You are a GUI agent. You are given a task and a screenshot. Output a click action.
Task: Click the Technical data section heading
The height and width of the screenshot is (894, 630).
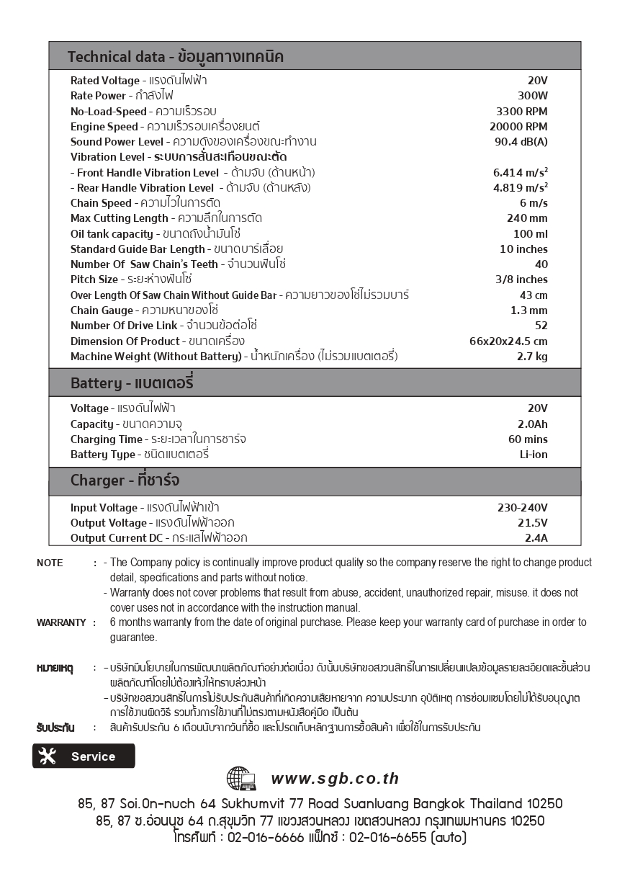(x=175, y=56)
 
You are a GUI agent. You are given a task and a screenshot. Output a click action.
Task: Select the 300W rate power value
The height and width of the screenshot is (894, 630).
(x=532, y=96)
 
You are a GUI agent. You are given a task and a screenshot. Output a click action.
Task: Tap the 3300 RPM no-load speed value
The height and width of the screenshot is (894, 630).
(x=521, y=111)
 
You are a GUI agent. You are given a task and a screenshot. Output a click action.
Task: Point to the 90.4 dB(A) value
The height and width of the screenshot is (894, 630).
(x=521, y=141)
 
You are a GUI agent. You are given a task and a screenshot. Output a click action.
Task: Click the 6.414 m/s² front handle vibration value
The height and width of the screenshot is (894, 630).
(x=516, y=172)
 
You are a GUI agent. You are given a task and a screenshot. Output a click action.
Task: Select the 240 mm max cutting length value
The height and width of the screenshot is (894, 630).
(x=527, y=218)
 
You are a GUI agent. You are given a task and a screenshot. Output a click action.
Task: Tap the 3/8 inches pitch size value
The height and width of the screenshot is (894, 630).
(x=521, y=280)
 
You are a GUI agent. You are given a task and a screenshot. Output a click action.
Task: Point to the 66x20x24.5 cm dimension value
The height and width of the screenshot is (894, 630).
(x=508, y=341)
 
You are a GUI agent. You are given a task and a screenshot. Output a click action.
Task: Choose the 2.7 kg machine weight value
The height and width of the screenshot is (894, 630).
(x=532, y=357)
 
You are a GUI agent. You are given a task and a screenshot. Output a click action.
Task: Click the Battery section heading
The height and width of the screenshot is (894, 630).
(x=132, y=382)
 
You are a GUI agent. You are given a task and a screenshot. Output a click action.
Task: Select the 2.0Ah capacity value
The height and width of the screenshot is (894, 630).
(x=532, y=424)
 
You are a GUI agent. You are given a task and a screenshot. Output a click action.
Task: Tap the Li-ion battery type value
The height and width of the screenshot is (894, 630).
(x=534, y=455)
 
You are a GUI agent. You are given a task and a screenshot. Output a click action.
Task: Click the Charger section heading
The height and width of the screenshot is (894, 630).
(x=125, y=480)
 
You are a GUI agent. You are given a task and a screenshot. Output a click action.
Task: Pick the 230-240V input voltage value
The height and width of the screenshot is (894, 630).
(x=522, y=508)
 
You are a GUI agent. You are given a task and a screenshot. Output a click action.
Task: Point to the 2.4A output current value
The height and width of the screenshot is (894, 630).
(x=536, y=538)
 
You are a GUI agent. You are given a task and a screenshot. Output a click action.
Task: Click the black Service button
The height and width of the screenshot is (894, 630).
(x=84, y=756)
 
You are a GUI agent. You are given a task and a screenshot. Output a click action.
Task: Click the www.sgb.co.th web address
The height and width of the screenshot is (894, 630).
(x=335, y=779)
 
